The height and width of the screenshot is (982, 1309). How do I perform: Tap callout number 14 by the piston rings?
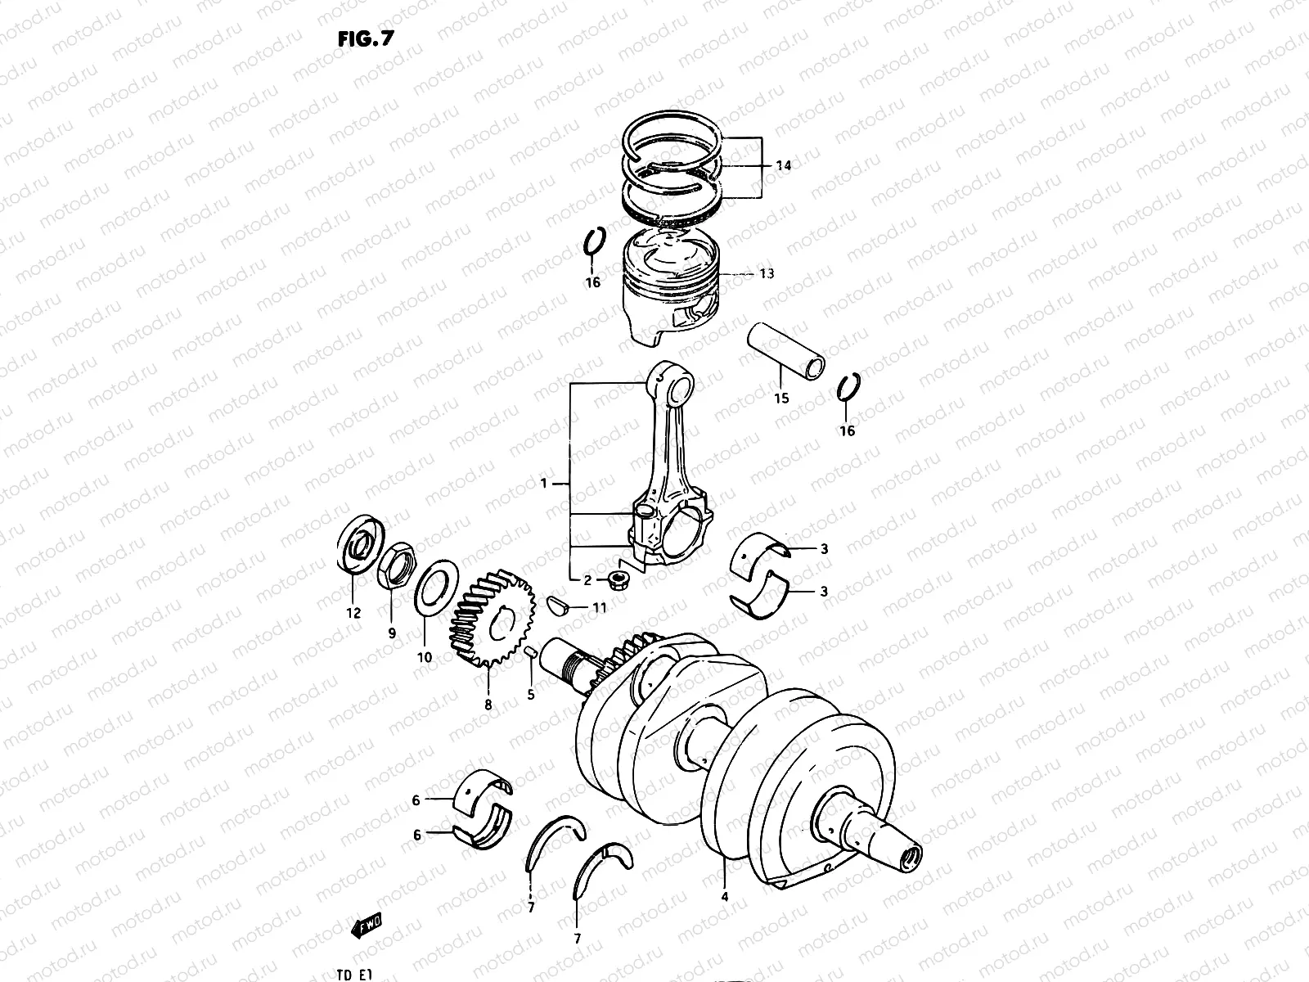[783, 165]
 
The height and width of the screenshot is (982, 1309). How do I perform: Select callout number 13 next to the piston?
[766, 274]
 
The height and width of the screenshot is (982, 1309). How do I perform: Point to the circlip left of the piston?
[595, 241]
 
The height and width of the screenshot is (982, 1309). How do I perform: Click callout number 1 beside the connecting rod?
[543, 484]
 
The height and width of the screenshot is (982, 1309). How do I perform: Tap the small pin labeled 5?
[530, 653]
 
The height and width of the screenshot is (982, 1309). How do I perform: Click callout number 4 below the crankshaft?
[724, 896]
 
